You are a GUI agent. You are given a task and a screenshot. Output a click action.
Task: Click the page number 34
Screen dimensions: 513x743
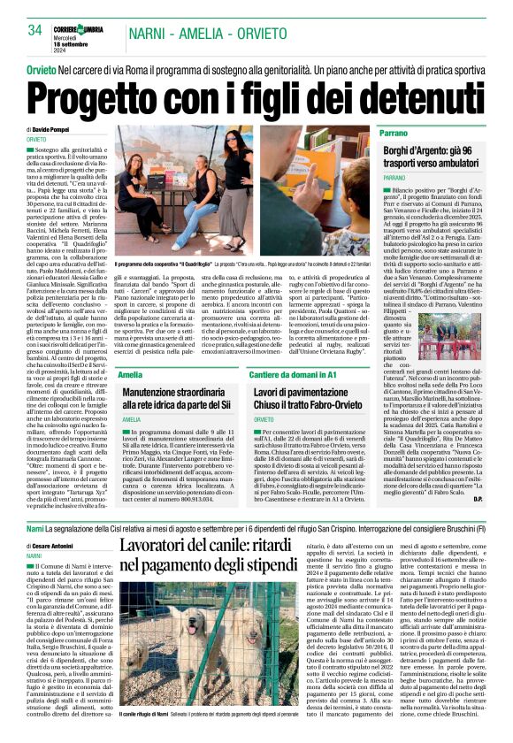tap(36, 29)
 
